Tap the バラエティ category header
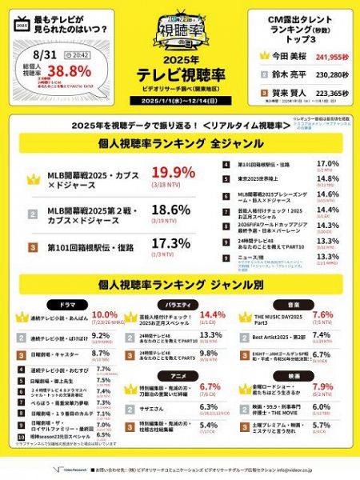[178, 304]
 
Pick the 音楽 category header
[294, 304]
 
